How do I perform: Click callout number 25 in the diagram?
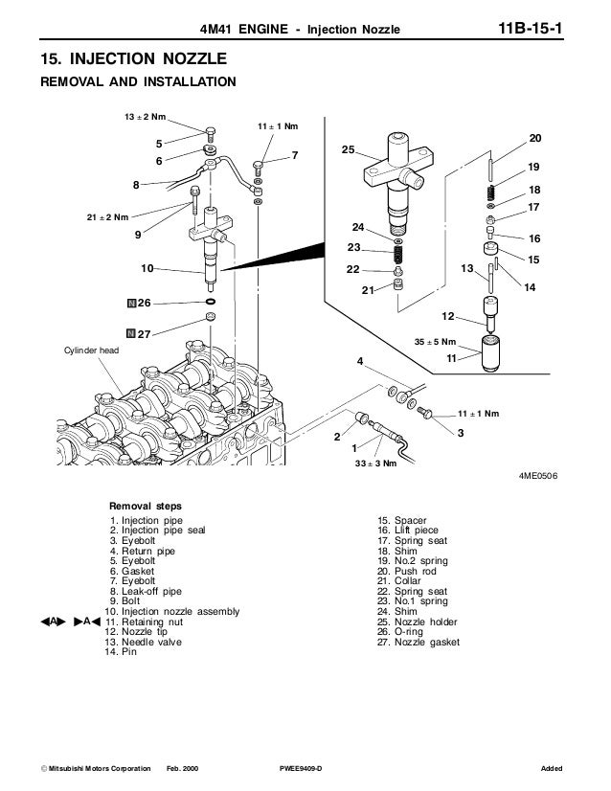pyautogui.click(x=348, y=150)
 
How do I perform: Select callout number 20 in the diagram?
pyautogui.click(x=534, y=138)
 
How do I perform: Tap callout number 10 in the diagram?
pyautogui.click(x=147, y=267)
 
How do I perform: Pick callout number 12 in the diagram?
pyautogui.click(x=447, y=316)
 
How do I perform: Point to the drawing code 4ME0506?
pyautogui.click(x=538, y=474)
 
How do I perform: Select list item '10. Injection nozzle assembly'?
pyautogui.click(x=172, y=611)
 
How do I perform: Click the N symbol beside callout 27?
pyautogui.click(x=127, y=334)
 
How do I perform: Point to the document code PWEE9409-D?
pyautogui.click(x=299, y=770)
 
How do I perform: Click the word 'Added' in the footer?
pyautogui.click(x=551, y=770)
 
